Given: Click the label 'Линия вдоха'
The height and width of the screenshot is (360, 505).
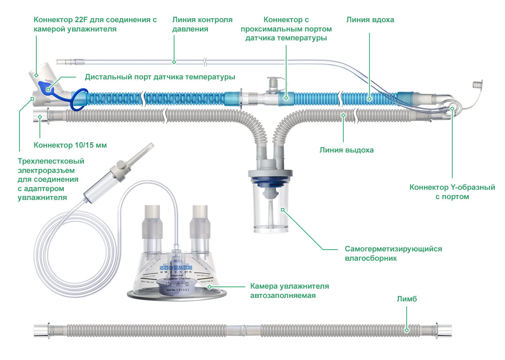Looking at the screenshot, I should click(370, 20).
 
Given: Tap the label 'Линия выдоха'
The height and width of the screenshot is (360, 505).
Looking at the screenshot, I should click(346, 150).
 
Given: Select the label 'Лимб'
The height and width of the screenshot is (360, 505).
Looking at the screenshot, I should click(407, 299).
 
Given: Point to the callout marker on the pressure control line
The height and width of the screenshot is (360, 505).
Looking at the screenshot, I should click(174, 62).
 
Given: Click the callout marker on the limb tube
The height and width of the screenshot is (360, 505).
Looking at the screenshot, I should click(407, 330).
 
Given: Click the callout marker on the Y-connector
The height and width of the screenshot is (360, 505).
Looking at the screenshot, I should click(451, 107).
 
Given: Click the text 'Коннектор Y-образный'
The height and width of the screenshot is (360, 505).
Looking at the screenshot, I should click(452, 188).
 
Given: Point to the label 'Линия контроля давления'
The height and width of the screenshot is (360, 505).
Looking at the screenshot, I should click(202, 24).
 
